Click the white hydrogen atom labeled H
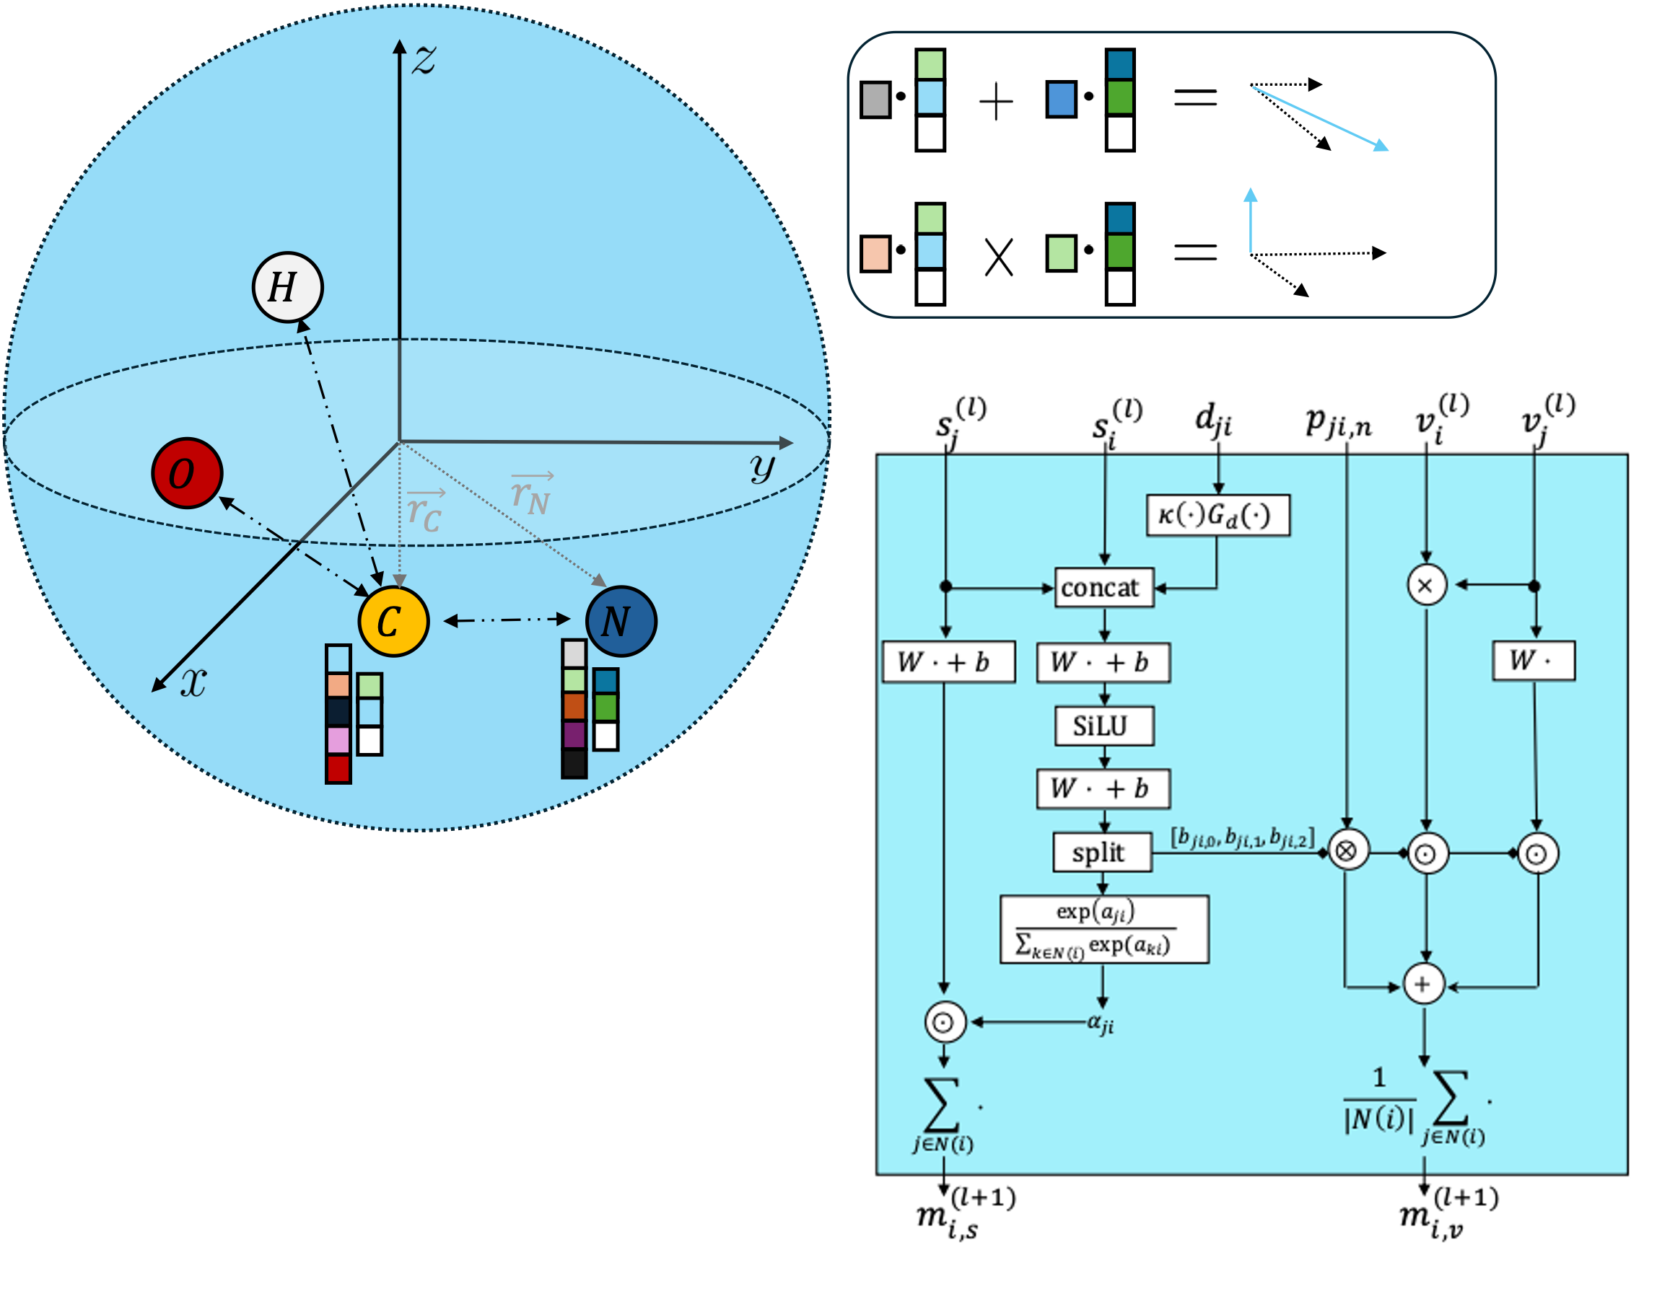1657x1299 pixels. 287,288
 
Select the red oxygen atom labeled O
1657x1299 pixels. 186,473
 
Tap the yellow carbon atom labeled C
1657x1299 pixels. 393,621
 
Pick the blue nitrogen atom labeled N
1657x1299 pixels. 621,621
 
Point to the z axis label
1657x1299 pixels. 424,59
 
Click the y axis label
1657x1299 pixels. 762,466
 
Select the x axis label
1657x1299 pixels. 193,682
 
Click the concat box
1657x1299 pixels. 1103,588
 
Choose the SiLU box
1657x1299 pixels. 1103,726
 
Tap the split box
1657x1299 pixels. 1101,853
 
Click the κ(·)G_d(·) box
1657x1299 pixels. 1217,516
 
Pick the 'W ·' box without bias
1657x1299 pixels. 1533,661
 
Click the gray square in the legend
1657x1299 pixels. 875,100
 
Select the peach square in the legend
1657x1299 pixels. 875,253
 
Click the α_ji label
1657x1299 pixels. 1101,1023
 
